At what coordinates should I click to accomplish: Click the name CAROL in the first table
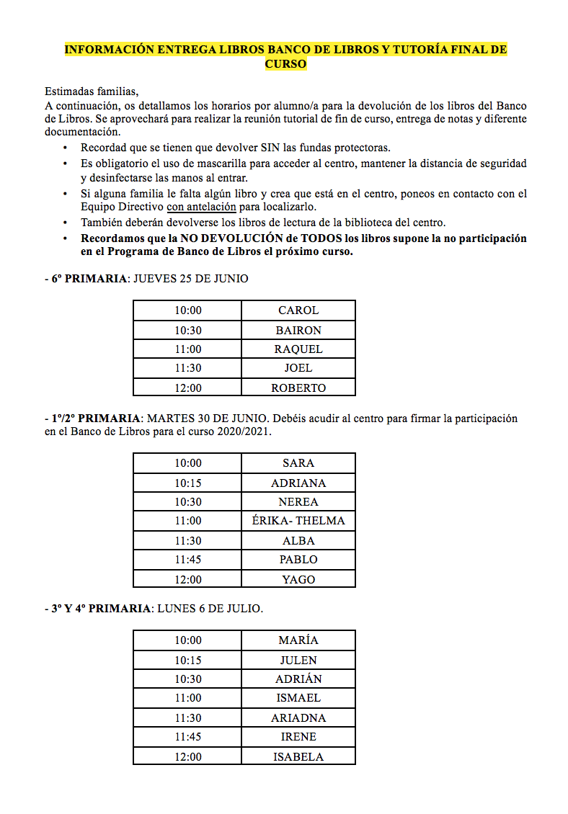coord(298,310)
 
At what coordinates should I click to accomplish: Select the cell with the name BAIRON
coord(298,330)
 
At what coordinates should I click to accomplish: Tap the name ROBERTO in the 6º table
coord(298,388)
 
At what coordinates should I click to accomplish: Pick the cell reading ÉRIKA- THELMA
coord(298,521)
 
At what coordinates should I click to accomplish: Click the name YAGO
coord(298,579)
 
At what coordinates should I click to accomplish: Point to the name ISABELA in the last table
coord(298,756)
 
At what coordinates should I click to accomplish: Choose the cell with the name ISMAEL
coord(298,698)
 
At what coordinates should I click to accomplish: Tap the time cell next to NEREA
coord(188,502)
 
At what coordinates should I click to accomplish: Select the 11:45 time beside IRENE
coord(188,737)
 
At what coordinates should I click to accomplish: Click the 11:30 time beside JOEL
coord(188,368)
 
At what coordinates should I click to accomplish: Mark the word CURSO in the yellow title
coord(285,63)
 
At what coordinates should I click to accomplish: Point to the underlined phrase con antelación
coord(202,207)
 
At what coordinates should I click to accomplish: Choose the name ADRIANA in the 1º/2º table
coord(298,483)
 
